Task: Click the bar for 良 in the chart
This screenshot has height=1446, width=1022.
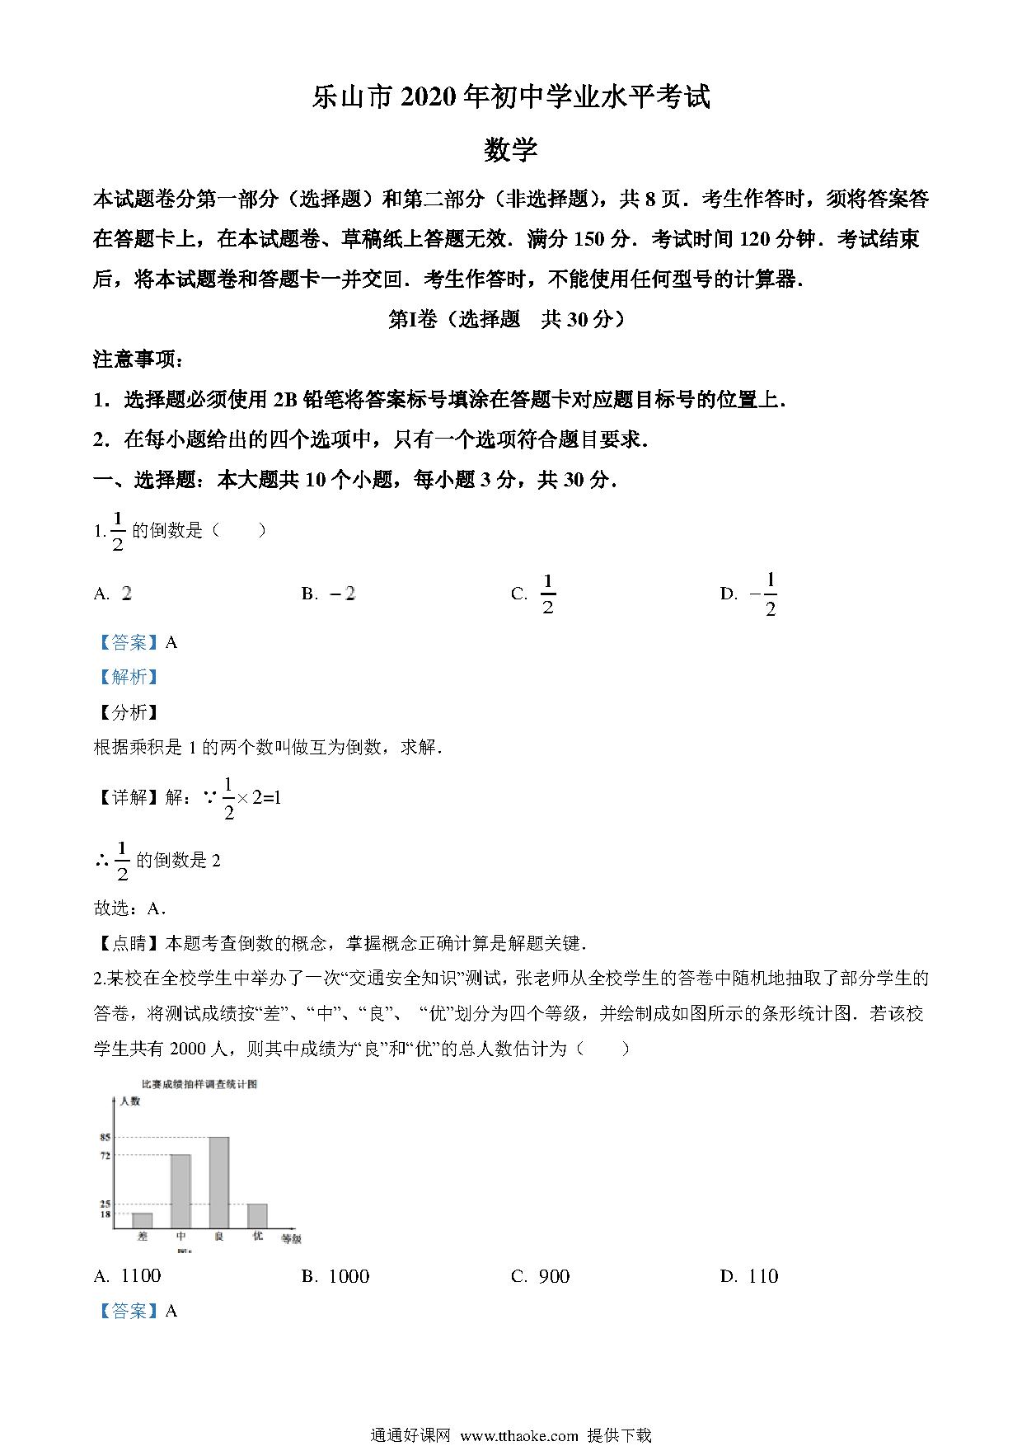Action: tap(218, 1182)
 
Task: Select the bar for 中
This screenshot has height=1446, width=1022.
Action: tap(180, 1191)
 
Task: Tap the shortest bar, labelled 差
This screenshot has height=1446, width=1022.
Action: tap(143, 1220)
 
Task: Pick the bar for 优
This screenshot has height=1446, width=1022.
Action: tap(257, 1216)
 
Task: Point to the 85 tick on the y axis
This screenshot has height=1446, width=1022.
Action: tap(105, 1138)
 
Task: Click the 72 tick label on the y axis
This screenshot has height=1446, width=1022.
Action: tap(105, 1156)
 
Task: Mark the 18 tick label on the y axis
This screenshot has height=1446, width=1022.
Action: tap(105, 1214)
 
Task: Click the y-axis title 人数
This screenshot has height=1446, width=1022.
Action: tap(130, 1101)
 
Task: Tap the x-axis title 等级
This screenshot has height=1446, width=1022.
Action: tap(291, 1238)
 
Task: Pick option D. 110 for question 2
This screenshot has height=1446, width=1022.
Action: tap(750, 1276)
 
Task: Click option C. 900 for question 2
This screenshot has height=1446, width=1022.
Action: tap(541, 1276)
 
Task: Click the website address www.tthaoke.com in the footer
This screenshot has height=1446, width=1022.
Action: tap(519, 1435)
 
